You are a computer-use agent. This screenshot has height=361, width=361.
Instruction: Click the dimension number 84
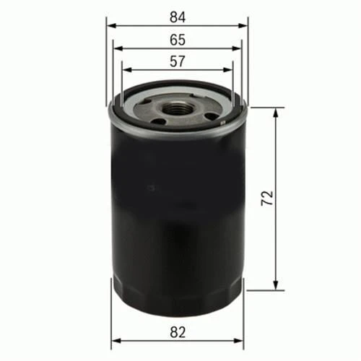pos(178,17)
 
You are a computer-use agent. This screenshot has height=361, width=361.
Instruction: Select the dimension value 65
pos(178,40)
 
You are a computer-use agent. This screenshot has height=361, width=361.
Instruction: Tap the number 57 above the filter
pos(178,61)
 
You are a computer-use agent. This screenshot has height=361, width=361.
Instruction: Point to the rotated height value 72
pos(267,198)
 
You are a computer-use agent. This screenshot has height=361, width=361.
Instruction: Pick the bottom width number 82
pos(178,333)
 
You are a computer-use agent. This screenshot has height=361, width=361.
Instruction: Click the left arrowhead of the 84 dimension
pos(111,26)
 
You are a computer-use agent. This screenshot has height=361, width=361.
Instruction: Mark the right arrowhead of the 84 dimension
pos(243,26)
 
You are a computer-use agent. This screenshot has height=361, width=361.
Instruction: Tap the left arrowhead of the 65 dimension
pos(118,48)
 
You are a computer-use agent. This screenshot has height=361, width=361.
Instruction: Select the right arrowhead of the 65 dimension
pos(236,48)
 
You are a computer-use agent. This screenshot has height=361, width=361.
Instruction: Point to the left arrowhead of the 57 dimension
pos(127,70)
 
